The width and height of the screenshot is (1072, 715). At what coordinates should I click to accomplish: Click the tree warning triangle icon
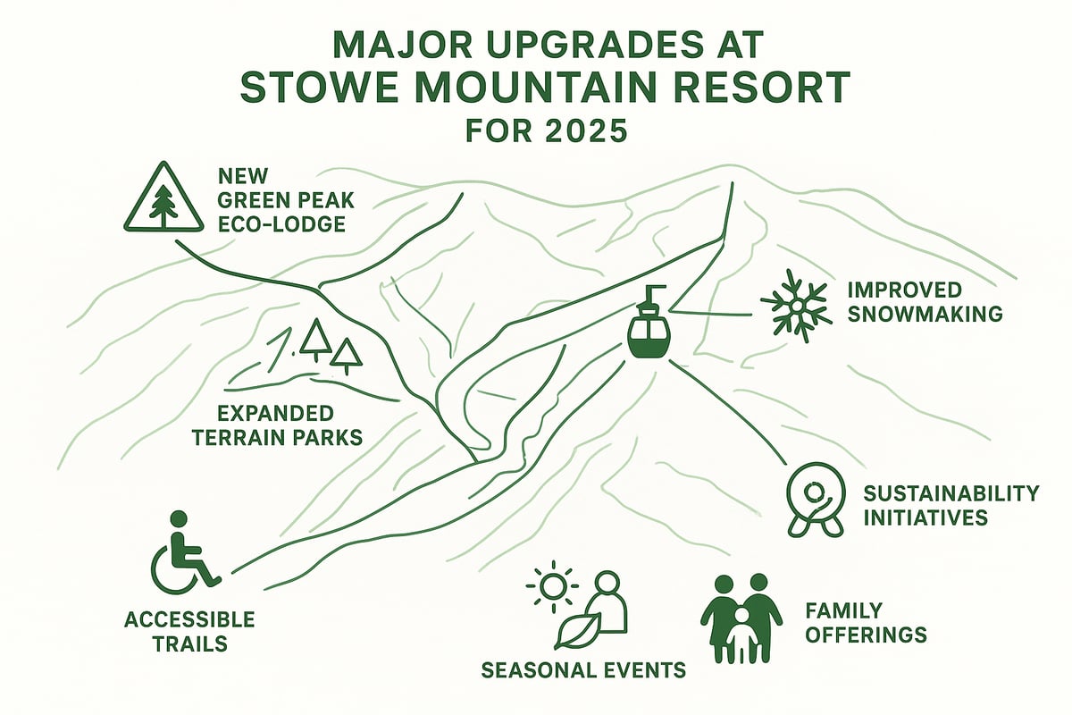point(163,198)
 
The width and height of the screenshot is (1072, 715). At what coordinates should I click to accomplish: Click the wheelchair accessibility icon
point(183,554)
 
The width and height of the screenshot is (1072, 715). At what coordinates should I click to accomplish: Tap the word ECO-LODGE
point(281,223)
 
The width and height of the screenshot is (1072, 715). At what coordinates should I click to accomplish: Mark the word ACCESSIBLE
point(189,619)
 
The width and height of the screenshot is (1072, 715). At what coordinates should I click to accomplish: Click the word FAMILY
point(844,611)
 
